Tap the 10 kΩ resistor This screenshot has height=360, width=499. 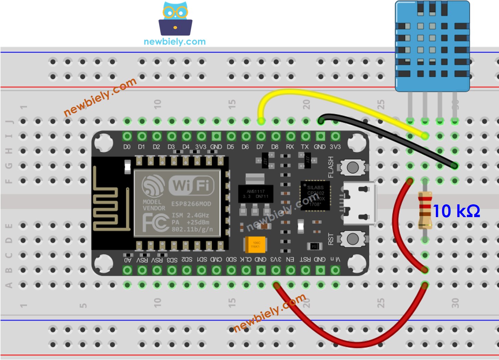425,211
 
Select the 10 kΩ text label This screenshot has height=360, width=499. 456,211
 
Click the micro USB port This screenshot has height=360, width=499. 359,203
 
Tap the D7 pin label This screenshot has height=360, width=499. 260,147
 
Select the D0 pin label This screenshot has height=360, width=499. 127,147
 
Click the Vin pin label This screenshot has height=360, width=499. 335,259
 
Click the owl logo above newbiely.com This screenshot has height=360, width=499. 175,19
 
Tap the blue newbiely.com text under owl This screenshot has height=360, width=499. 174,42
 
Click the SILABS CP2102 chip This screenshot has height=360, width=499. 315,196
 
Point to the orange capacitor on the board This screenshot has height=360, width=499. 255,245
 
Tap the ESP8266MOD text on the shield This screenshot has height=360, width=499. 191,204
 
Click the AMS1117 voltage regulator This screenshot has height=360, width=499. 256,193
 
